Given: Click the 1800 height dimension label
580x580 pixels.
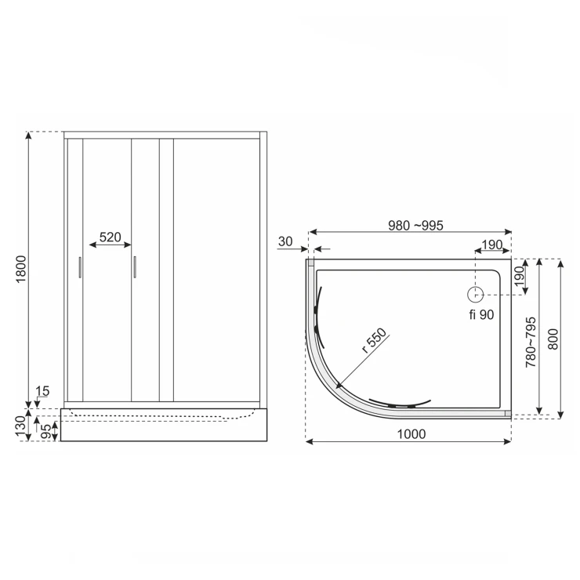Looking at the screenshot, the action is [x=21, y=269].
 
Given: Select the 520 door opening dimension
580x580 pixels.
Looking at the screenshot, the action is [x=111, y=237].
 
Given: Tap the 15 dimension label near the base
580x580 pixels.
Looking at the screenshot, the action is [x=42, y=391].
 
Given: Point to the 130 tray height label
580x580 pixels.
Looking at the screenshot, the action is [x=20, y=426].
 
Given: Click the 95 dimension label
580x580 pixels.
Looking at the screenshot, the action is [x=45, y=431].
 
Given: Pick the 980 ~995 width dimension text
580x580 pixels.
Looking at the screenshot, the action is [x=415, y=225].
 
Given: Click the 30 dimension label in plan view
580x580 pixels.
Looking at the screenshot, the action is [x=285, y=241].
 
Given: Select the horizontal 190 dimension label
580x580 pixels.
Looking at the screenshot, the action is [x=492, y=245].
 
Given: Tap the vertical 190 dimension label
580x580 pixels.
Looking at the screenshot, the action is [x=520, y=276].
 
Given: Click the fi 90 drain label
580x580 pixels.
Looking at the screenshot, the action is [x=481, y=314].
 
